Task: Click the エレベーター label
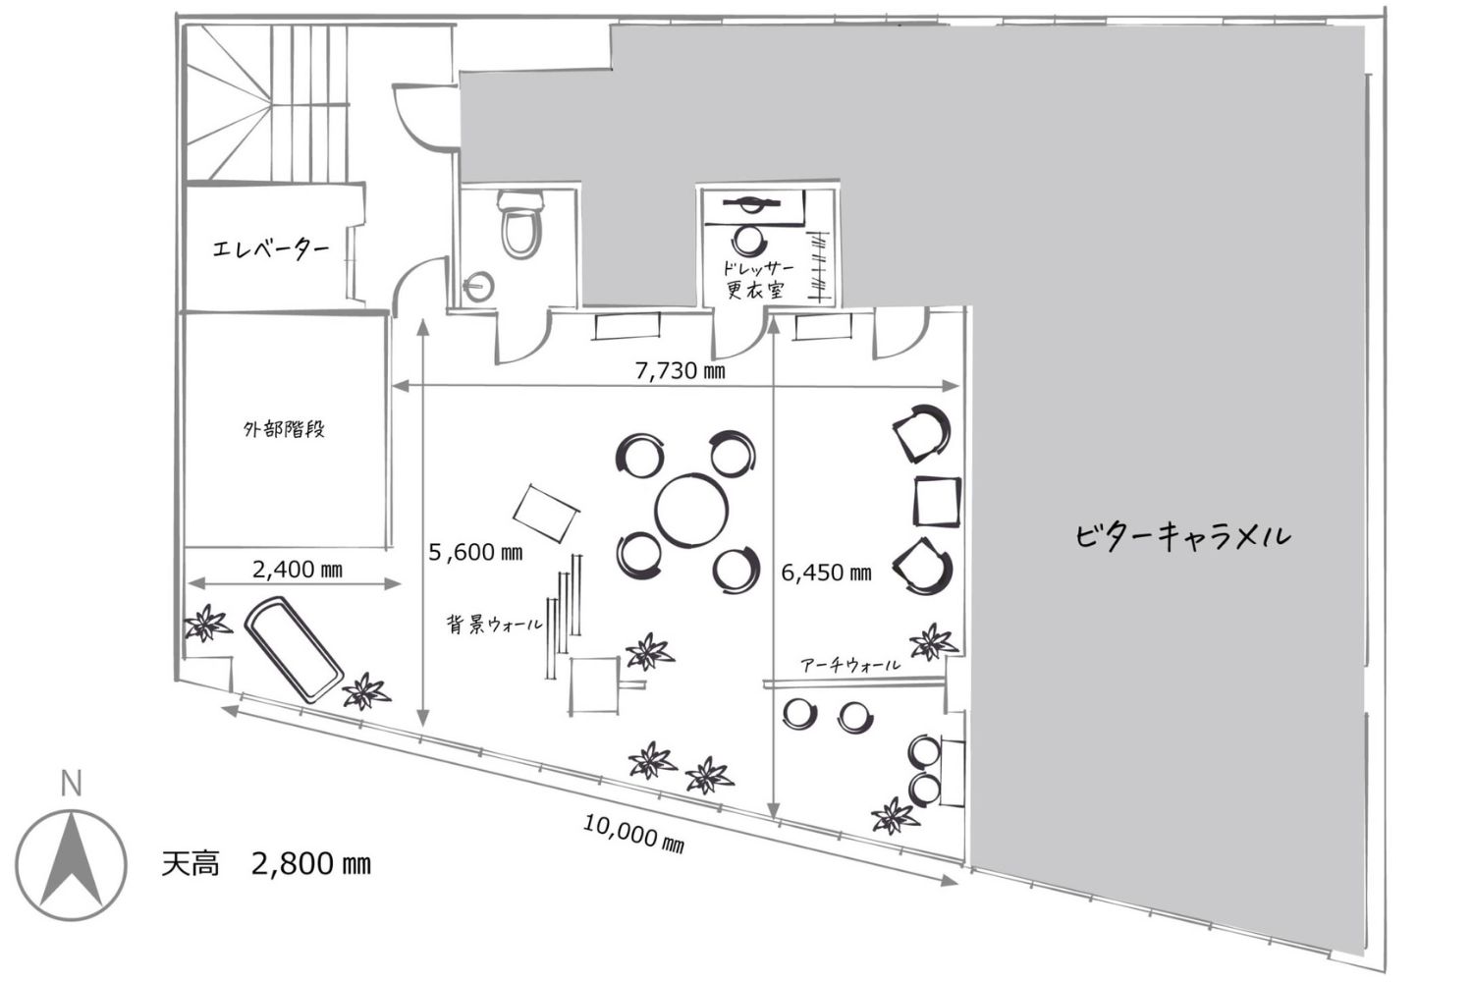tap(270, 248)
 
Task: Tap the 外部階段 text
tap(284, 429)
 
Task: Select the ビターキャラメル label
tap(1182, 535)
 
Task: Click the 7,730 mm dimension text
tap(680, 371)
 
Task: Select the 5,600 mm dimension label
tap(475, 552)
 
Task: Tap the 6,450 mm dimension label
tap(826, 573)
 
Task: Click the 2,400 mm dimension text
tap(298, 569)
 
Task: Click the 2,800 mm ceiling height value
tap(311, 863)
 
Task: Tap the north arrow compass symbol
tap(71, 864)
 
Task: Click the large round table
tap(691, 509)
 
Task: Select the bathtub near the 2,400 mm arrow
tap(294, 650)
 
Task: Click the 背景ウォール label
tap(495, 625)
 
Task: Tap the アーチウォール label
tap(850, 664)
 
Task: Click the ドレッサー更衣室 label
tap(755, 280)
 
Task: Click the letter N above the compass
tap(71, 783)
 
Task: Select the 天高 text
tap(191, 863)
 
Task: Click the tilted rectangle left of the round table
tap(546, 513)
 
